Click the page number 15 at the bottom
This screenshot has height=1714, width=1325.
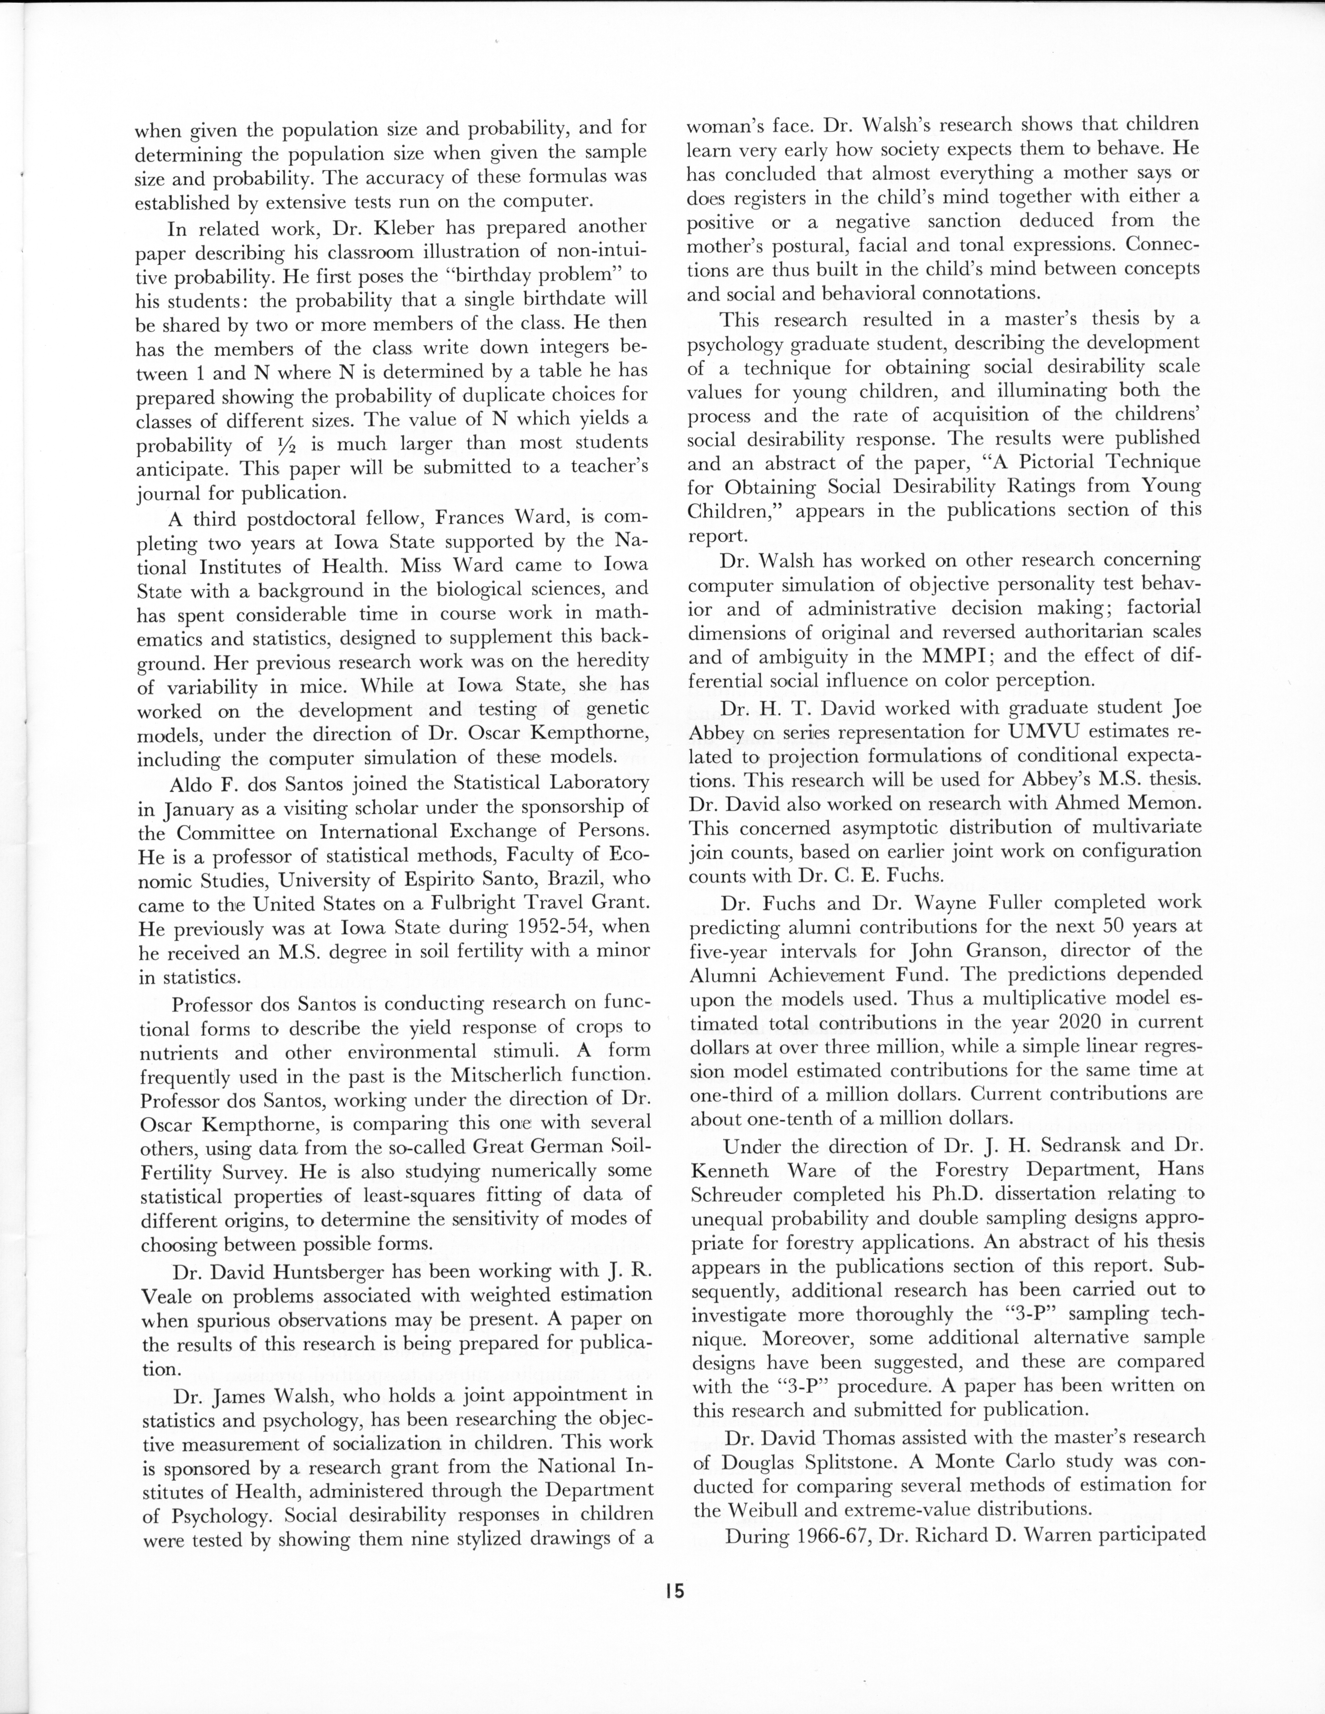pos(673,1592)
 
